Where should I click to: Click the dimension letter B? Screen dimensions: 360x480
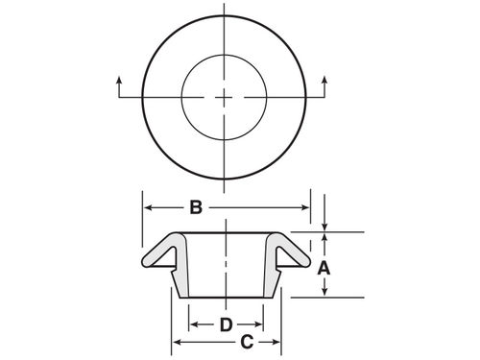(x=195, y=206)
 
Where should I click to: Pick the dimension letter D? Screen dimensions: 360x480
(x=227, y=324)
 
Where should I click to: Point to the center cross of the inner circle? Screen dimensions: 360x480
(x=226, y=97)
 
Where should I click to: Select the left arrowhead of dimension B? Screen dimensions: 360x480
(x=148, y=206)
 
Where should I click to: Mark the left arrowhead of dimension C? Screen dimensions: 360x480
(x=175, y=343)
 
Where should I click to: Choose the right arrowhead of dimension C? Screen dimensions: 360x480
(x=279, y=343)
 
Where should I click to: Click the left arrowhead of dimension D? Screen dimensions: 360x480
(x=192, y=324)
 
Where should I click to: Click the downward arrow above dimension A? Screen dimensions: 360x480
(x=324, y=223)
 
